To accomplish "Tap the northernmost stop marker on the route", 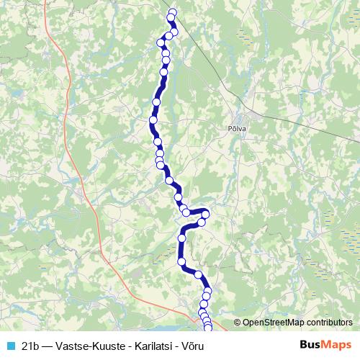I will (x=171, y=12).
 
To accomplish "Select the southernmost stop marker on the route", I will (x=209, y=329).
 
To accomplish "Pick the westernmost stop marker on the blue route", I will (x=153, y=120).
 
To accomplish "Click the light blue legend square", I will (x=9, y=345).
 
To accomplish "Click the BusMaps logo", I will (x=325, y=345).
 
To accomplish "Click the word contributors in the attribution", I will (x=330, y=323).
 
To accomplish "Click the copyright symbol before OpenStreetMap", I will (x=237, y=323).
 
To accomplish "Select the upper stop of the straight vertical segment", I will (x=182, y=237).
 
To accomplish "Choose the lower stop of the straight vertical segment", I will (x=181, y=262).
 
